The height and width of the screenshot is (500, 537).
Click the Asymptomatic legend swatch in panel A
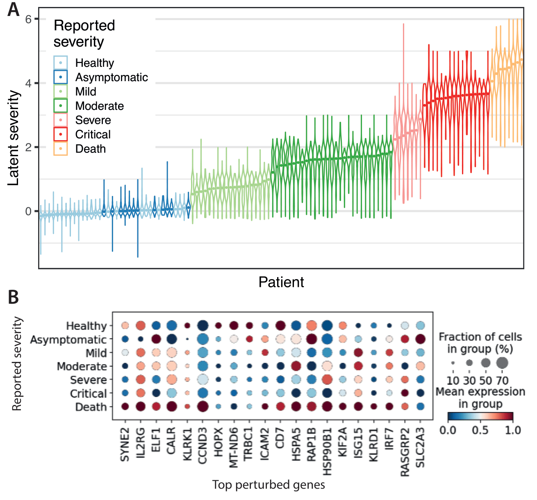60,77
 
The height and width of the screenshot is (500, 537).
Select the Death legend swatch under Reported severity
60,148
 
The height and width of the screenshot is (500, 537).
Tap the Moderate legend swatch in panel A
60,106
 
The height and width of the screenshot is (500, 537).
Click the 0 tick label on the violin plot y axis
28,211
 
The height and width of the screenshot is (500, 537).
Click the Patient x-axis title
281,282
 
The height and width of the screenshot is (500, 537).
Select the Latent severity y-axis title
14,138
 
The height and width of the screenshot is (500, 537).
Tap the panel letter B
13,297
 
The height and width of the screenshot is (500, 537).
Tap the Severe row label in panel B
88,380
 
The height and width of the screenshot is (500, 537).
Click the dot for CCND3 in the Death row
203,407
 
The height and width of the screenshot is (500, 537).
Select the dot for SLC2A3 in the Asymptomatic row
420,339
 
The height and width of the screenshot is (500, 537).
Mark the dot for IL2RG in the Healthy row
141,326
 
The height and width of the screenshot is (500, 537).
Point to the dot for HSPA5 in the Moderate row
296,366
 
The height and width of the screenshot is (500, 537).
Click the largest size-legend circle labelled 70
502,363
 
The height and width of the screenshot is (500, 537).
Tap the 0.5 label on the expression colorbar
480,430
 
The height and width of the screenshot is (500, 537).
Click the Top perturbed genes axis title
268,485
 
